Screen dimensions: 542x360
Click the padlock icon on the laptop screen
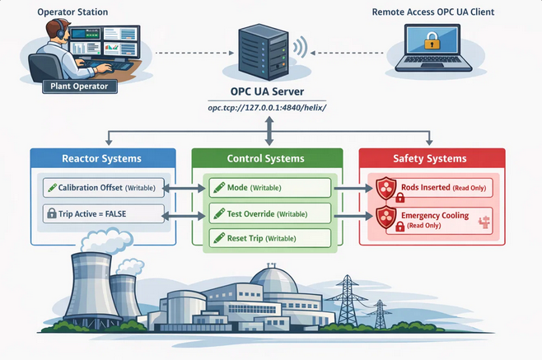432,40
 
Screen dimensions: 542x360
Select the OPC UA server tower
264,52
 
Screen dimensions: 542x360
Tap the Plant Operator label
80,86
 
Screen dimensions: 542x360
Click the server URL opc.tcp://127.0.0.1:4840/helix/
267,108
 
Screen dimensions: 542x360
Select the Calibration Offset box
104,188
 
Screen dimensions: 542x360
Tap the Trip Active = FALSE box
104,213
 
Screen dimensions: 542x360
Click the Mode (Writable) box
270,188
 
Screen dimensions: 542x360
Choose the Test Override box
270,213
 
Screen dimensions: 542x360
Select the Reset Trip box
270,238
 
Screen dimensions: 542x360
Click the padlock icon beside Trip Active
52,213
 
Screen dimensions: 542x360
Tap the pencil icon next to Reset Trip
219,238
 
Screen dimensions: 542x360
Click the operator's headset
61,30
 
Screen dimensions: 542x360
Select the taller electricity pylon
347,301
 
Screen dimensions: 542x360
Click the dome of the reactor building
274,279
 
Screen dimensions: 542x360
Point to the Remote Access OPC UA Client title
432,12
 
